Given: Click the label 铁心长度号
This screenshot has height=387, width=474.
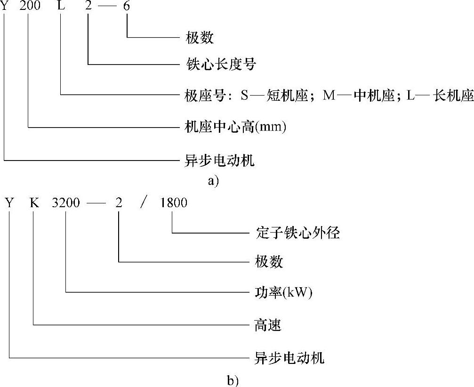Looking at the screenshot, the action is [220, 64].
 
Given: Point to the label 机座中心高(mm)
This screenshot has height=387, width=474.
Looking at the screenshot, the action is [235, 127].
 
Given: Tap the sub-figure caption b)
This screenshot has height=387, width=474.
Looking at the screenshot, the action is [233, 380].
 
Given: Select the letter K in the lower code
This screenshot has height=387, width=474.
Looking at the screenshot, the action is [34, 203].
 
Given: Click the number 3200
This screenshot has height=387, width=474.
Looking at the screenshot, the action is [66, 203].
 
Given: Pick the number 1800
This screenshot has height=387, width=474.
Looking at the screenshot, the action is [173, 203].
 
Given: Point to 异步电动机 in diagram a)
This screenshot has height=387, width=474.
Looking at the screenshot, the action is [220, 161].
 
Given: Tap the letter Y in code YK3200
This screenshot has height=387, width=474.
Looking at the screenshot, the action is [9, 203].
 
